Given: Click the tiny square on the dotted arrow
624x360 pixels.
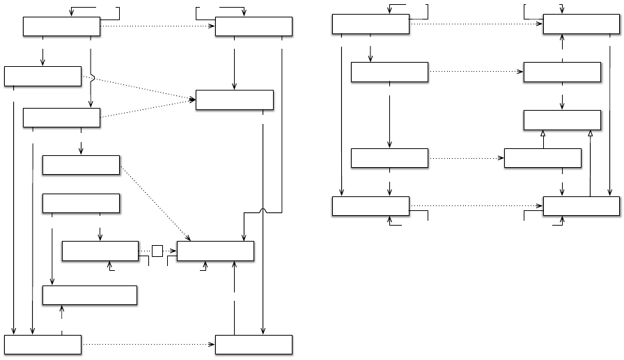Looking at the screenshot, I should pos(158,251).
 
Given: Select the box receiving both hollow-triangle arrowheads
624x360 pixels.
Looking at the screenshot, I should pos(562,120).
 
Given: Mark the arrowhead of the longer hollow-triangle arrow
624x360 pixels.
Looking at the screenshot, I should pos(591,133).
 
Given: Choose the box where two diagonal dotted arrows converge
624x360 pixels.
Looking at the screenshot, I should pos(235,100).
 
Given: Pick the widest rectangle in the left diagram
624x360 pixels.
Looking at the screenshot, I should pos(90,295).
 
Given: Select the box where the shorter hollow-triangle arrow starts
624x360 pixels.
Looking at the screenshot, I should pos(543,158).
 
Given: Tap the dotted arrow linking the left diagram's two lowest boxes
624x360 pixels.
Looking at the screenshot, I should pos(148,345).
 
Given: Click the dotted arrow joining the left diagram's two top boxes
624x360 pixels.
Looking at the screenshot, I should pos(158,27).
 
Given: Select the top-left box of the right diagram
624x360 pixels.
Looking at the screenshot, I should pos(370,24).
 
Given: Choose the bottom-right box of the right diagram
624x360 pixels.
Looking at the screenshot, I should pos(581,207).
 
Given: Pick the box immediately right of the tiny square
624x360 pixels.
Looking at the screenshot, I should pos(215,251).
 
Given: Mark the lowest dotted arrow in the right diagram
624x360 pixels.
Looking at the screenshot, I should pos(476,206).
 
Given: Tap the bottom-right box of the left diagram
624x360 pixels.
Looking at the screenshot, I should pos(253,345).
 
